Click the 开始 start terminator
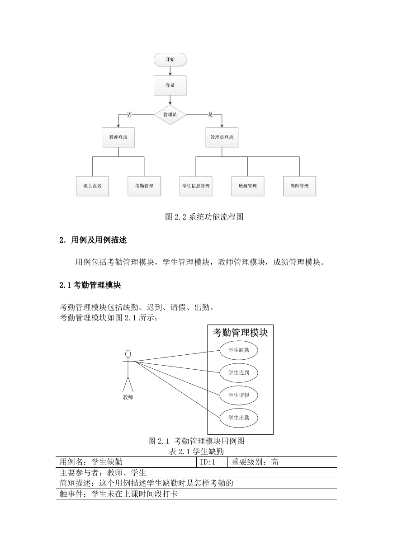[170, 60]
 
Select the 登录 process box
[170, 85]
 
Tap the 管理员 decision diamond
[170, 115]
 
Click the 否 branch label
[129, 114]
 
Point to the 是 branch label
[210, 114]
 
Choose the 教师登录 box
[118, 137]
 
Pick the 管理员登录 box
[222, 137]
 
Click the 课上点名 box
[92, 186]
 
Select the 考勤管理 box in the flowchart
[144, 186]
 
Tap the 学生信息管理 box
[196, 186]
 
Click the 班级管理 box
[248, 186]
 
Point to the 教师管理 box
[299, 186]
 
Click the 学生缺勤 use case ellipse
[239, 350]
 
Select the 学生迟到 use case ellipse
[239, 373]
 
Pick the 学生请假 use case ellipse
[239, 395]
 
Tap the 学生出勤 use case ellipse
[239, 418]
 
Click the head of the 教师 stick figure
[128, 354]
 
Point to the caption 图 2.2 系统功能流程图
[204, 217]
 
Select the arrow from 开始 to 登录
[170, 71]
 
